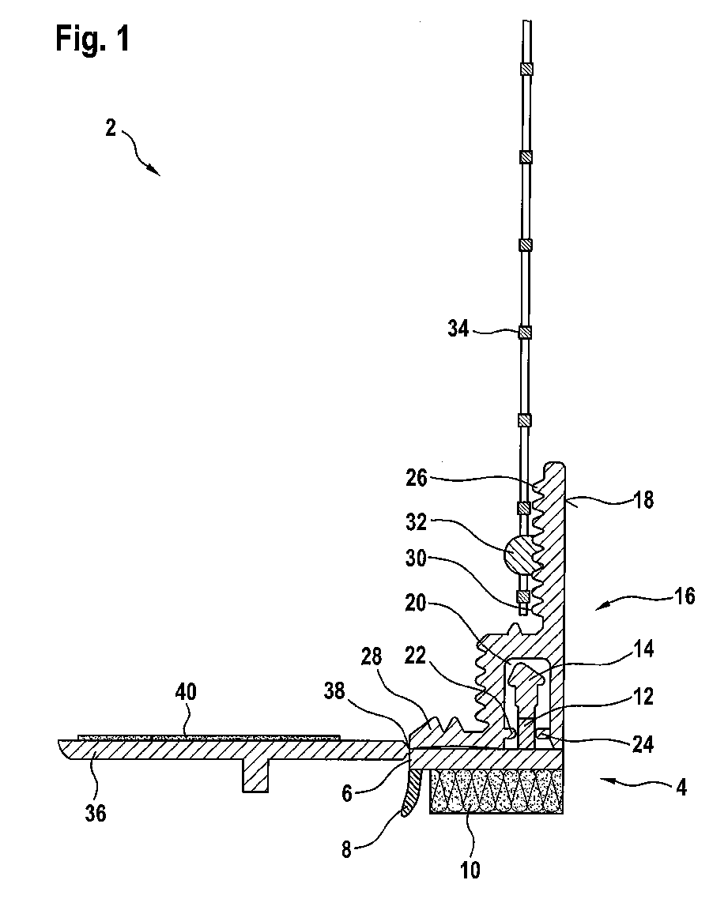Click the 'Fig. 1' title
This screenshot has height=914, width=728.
click(92, 39)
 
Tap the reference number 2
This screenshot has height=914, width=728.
click(110, 128)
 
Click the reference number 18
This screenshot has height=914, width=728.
click(643, 499)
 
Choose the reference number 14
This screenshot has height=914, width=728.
click(643, 649)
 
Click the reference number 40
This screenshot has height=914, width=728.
click(186, 692)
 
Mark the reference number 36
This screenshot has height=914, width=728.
click(95, 813)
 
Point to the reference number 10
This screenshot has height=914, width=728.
click(470, 871)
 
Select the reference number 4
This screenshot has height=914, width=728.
click(681, 788)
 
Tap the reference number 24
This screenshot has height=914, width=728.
click(643, 744)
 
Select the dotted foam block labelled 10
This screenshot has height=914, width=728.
click(496, 791)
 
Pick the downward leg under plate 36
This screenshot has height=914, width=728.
click(255, 775)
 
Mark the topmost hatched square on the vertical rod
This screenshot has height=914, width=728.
click(526, 69)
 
